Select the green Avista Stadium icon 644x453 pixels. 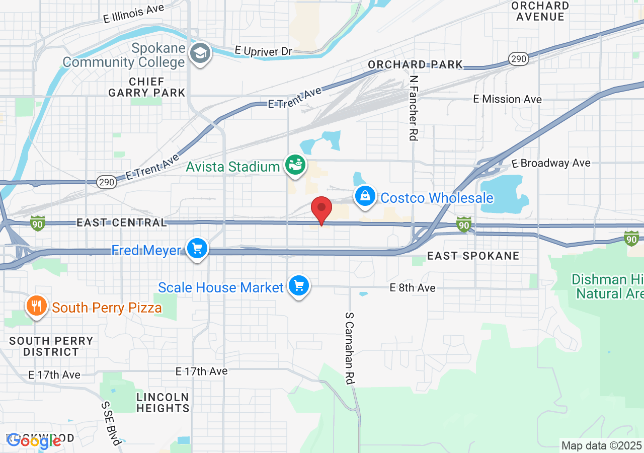point(295,165)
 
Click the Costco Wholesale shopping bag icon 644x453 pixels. point(365,196)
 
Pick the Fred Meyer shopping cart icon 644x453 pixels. point(197,249)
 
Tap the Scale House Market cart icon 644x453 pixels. point(299,286)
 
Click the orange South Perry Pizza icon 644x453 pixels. point(37,306)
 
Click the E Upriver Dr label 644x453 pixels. point(264,51)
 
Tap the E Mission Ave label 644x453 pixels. point(507,99)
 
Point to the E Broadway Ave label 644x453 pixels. point(551,163)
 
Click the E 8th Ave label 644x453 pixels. point(413,288)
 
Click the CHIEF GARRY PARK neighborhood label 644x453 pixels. point(147,87)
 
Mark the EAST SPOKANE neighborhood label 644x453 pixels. point(473,256)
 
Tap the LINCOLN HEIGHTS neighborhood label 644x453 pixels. point(163,403)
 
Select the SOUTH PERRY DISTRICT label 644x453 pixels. point(51,346)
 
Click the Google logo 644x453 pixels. point(34,441)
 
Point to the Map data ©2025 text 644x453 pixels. point(602,445)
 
